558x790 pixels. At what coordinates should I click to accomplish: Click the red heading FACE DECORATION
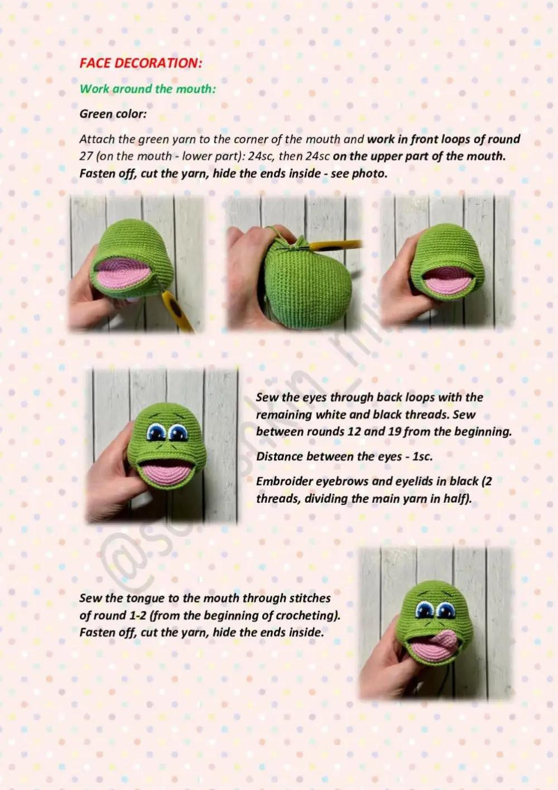click(x=140, y=63)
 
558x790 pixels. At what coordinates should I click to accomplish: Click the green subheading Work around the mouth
click(x=147, y=89)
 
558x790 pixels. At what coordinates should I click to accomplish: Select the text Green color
click(x=113, y=114)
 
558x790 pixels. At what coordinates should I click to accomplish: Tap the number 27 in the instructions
click(x=86, y=156)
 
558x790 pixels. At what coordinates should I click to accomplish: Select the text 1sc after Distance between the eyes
click(x=423, y=456)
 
